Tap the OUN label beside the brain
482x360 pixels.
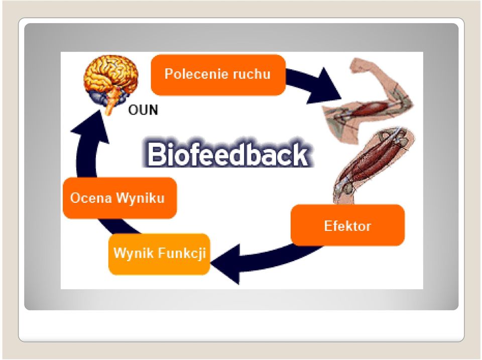pos(143,110)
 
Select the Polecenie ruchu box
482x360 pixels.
pos(218,75)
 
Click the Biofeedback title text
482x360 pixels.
pos(228,154)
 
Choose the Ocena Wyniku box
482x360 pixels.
pos(119,198)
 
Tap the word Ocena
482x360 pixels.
pos(91,198)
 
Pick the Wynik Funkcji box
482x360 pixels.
pos(159,254)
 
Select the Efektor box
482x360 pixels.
pos(347,225)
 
